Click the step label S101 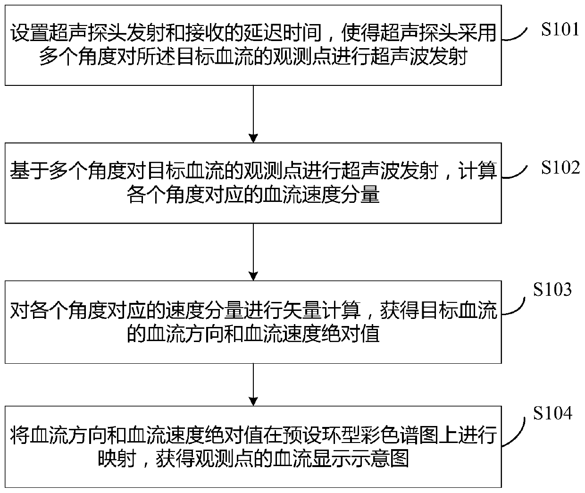(x=560, y=30)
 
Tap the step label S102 (x=560, y=167)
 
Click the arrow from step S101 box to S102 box (x=253, y=114)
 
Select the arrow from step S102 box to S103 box (x=253, y=252)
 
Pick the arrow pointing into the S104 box (x=253, y=384)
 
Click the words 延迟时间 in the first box (x=282, y=33)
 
